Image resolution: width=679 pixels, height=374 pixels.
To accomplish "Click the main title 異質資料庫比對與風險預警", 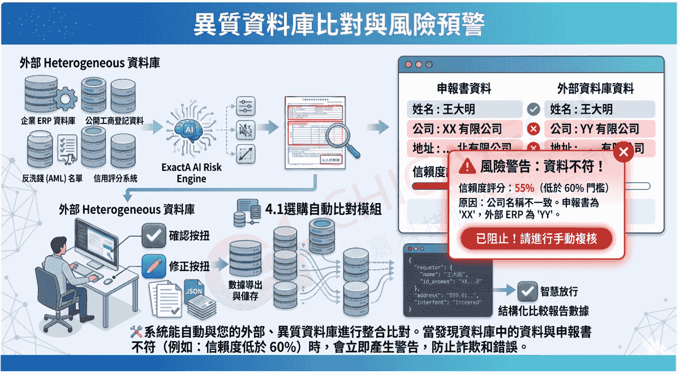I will (339, 24).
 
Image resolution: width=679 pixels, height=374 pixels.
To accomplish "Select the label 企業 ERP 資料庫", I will (48, 121).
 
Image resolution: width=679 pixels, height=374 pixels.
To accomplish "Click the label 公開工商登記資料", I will (114, 121).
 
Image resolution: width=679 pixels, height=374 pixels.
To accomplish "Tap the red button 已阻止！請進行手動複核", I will (536, 239).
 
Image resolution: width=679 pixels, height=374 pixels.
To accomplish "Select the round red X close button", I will (623, 152).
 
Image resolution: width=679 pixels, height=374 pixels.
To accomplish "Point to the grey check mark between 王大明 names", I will (533, 109).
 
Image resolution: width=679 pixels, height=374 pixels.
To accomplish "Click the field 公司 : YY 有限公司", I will (599, 129).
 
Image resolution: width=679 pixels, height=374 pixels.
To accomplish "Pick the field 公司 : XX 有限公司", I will (464, 129).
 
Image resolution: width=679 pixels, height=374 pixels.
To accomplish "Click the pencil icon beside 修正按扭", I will (152, 266).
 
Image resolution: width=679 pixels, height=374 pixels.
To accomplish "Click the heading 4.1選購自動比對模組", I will (323, 209).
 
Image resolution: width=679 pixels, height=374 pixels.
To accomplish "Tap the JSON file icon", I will (194, 293).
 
